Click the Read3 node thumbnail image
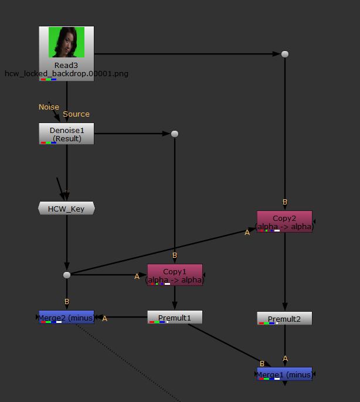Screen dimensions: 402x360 [x=66, y=42]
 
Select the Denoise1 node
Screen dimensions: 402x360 [x=66, y=134]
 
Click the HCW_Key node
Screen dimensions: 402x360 [x=66, y=208]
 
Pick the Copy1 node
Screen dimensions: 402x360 [x=175, y=275]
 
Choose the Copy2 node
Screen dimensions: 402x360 [x=284, y=222]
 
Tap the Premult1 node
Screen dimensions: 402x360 [x=175, y=318]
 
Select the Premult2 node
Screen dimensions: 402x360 [x=284, y=319]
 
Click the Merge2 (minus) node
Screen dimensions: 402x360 [x=66, y=318]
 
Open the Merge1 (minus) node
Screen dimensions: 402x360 [x=284, y=374]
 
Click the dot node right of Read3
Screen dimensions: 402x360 [x=285, y=54]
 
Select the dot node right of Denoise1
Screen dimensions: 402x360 [x=175, y=134]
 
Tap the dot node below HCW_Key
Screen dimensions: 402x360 [x=67, y=275]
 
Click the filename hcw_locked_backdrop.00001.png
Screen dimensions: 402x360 [x=66, y=74]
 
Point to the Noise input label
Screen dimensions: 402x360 [x=49, y=107]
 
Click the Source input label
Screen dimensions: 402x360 [x=76, y=114]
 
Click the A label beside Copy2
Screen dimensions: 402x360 [x=247, y=233]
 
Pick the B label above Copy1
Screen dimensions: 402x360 [x=175, y=255]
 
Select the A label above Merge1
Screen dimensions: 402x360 [x=286, y=359]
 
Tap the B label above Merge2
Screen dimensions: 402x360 [x=67, y=302]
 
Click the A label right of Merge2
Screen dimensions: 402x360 [x=105, y=319]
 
